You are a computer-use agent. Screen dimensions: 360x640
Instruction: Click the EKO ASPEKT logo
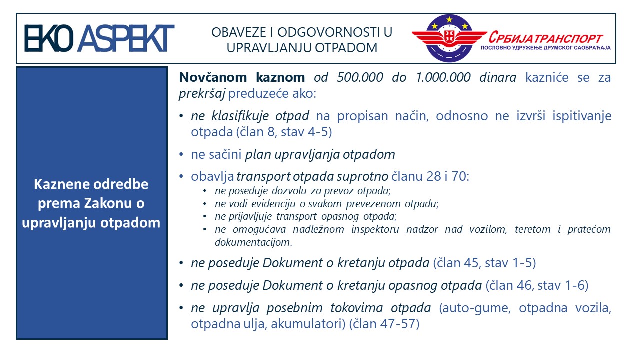(99, 38)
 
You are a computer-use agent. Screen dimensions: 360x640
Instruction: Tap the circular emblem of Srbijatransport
(449, 39)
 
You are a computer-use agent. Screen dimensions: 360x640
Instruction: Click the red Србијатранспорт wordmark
(546, 38)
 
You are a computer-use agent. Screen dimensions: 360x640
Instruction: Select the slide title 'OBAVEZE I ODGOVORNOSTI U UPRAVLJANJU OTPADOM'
(302, 40)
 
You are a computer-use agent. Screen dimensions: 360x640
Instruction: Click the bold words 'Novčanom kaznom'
(242, 77)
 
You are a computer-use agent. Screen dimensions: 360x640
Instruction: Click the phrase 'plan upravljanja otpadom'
(320, 154)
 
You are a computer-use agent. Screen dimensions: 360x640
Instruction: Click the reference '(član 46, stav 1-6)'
(537, 286)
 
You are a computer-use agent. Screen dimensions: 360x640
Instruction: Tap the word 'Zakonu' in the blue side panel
(119, 203)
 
